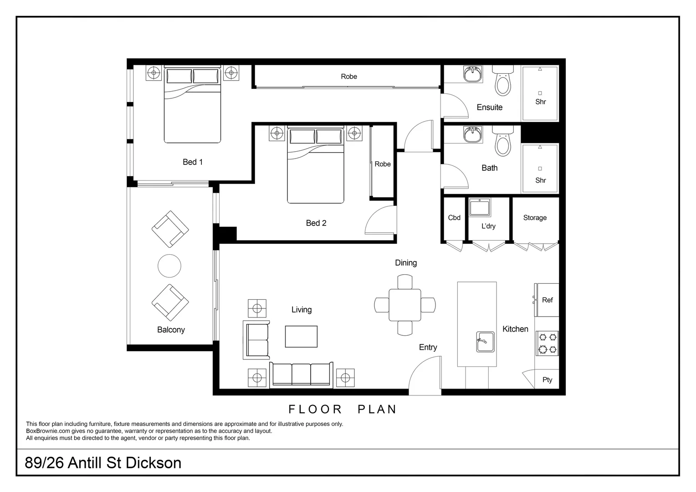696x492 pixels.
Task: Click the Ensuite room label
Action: [489, 108]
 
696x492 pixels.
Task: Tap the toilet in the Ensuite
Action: [502, 82]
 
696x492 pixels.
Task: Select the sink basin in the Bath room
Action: [473, 135]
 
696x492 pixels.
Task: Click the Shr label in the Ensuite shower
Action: [540, 102]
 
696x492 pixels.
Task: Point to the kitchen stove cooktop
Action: [548, 343]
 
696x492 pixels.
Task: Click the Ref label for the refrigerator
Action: [547, 300]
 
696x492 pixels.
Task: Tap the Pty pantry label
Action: [547, 380]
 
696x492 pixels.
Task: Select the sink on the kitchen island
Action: [486, 342]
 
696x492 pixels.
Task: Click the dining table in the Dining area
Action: [405, 305]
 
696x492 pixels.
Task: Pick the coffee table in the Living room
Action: [301, 337]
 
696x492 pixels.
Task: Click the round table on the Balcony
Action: [169, 266]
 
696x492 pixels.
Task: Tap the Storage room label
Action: [535, 218]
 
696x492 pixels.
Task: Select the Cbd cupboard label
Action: [454, 218]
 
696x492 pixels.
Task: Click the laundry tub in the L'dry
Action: [480, 208]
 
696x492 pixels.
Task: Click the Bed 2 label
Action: [316, 223]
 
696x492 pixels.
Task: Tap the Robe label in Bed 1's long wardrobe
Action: [349, 77]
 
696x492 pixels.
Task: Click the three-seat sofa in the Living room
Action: [301, 374]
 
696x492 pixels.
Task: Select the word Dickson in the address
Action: [153, 463]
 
